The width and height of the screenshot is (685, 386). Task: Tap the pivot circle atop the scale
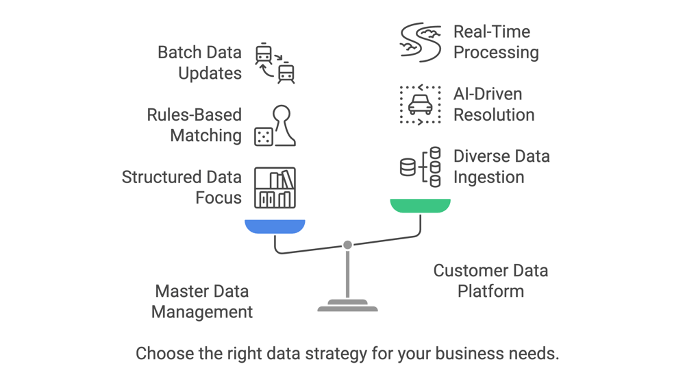348,245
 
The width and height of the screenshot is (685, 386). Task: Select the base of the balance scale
348,306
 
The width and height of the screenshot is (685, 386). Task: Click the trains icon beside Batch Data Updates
275,63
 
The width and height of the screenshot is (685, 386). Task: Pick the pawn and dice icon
275,125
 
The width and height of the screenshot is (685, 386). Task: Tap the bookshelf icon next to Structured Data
275,187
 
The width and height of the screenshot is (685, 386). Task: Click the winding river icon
420,43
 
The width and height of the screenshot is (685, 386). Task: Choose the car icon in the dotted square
420,104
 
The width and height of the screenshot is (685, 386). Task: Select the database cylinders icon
420,167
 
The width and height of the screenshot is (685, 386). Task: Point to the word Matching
206,136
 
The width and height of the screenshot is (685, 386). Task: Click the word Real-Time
492,32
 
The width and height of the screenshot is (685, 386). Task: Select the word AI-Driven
488,94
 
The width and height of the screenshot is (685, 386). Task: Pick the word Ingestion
489,178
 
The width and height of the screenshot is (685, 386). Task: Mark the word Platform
490,291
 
